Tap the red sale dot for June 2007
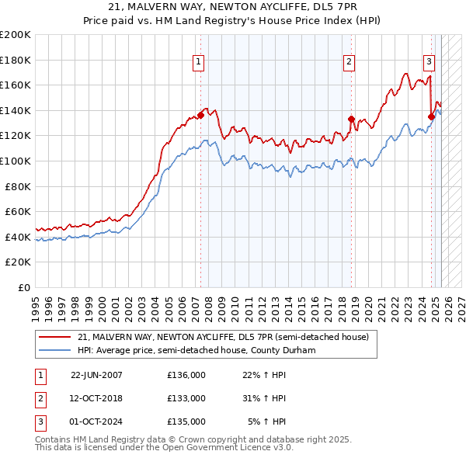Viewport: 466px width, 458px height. click(x=200, y=115)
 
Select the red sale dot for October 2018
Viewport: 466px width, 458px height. click(x=351, y=119)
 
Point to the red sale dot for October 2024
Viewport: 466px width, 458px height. click(x=431, y=116)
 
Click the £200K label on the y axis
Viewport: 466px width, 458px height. click(x=15, y=34)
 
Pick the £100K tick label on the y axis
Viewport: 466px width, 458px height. click(x=15, y=161)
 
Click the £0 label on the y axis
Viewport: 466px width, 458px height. click(x=23, y=287)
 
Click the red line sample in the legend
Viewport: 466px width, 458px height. click(x=56, y=337)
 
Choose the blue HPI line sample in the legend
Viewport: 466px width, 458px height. click(x=56, y=350)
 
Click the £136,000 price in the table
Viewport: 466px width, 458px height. click(x=186, y=374)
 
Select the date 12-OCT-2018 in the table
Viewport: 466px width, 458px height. click(x=96, y=398)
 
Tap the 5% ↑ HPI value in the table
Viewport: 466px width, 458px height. click(x=266, y=422)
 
